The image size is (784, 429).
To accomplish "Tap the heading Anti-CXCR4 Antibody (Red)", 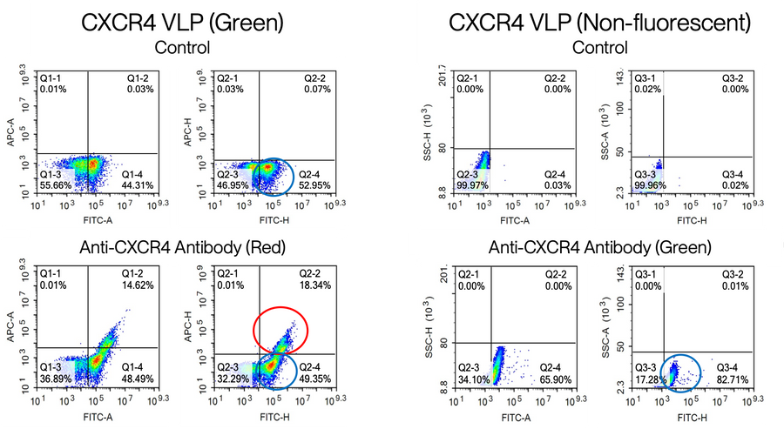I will [179, 245].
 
